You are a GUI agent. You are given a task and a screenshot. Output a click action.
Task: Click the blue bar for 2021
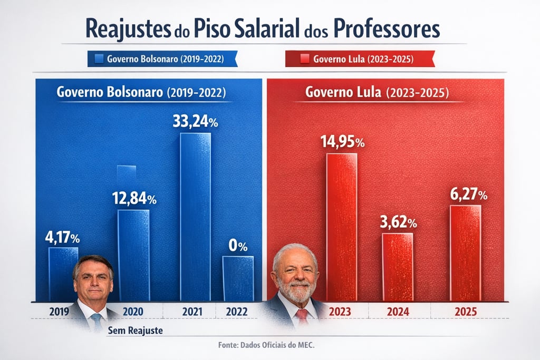(x=195, y=216)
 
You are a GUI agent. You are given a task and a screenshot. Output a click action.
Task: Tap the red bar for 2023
(x=341, y=227)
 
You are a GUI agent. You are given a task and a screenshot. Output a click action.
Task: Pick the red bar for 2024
(x=398, y=266)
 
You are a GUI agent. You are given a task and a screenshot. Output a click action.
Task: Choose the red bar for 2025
(x=465, y=253)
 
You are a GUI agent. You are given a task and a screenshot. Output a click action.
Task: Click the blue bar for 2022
(x=238, y=278)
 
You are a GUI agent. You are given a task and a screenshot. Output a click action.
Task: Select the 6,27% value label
(x=468, y=194)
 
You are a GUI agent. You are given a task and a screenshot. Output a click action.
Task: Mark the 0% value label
(x=238, y=246)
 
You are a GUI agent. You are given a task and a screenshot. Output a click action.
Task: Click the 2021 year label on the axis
(x=192, y=312)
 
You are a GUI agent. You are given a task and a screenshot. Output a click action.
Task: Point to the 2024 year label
(x=398, y=312)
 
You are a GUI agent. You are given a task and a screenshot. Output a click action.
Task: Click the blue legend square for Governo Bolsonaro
(x=99, y=59)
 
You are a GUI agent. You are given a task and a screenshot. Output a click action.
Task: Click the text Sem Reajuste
(x=135, y=331)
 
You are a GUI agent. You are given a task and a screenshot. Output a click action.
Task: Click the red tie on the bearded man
(x=302, y=316)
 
